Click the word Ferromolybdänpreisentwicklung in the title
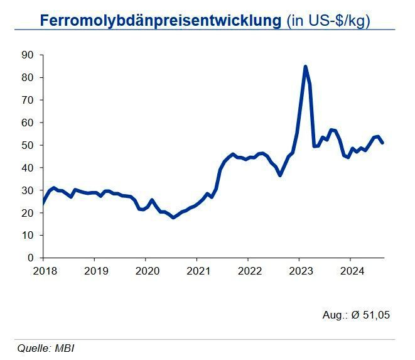160,20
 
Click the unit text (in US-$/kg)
328,20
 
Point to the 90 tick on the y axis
27,55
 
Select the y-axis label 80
27,78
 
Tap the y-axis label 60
27,123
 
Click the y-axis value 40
27,168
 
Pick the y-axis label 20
27,213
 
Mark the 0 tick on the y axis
30,258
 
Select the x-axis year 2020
146,271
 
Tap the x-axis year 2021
197,271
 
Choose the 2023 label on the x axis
300,271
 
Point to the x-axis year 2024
351,271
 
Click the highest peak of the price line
305,66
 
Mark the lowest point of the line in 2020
173,217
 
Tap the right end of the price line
382,143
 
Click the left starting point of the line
43,204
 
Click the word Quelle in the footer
31,347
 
